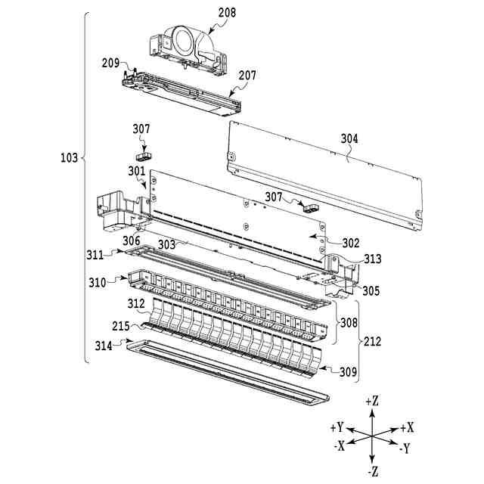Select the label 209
click(110, 64)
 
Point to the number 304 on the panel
click(349, 138)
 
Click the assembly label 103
click(69, 158)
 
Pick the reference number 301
click(136, 171)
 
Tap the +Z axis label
click(372, 400)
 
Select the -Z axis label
click(372, 473)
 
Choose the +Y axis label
click(338, 427)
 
